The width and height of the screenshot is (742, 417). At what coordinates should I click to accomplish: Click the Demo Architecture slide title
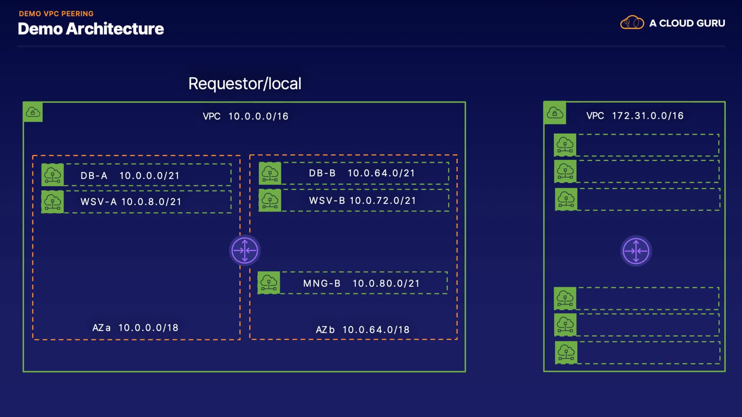coord(91,29)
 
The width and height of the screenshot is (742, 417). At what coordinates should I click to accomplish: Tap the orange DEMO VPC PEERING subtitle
coord(56,14)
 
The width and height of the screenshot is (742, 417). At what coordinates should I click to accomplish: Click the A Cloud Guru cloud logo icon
coord(632,23)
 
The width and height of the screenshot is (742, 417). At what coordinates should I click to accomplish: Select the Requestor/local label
coord(245,83)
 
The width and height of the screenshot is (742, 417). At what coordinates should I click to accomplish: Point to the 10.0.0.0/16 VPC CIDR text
coord(258,116)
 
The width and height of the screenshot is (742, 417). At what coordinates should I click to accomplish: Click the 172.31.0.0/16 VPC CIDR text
coord(648,115)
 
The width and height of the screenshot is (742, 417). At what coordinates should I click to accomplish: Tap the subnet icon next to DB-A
coord(53,175)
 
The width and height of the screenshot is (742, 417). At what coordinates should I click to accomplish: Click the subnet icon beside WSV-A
coord(53,202)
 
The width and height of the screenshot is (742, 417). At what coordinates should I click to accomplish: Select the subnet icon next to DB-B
coord(270,173)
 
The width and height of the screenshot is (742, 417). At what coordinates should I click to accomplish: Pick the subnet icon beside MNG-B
coord(269,283)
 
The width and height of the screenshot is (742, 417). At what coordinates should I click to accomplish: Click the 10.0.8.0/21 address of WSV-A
coord(151,202)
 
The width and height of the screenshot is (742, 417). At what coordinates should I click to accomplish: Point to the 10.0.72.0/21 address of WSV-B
coord(383,200)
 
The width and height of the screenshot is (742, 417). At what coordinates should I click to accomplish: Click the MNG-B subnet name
coord(322,283)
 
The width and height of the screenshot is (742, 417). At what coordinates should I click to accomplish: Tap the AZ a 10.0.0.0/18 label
coord(135,328)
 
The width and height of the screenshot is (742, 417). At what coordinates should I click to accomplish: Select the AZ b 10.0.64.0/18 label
coord(362,330)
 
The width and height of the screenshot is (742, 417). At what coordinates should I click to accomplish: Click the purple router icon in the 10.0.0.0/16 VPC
coord(245,251)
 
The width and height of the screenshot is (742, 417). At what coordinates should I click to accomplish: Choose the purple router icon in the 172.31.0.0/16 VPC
coord(636,251)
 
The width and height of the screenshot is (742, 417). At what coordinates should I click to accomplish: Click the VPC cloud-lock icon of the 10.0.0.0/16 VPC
coord(33,112)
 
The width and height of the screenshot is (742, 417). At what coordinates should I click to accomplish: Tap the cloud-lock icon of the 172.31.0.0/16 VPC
coord(555,113)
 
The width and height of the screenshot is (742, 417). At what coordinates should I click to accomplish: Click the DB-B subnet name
coord(322,173)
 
